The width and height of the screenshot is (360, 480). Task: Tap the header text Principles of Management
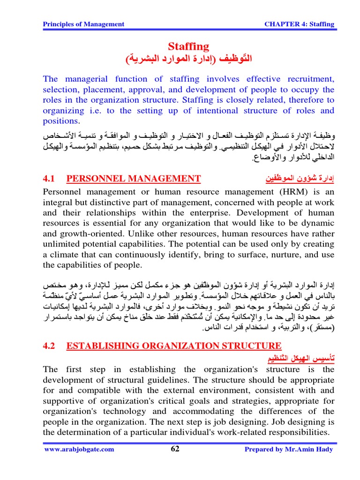tap(83, 24)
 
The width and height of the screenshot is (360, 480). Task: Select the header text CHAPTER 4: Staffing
tap(300, 24)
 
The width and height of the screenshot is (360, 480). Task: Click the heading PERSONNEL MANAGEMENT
tap(134, 178)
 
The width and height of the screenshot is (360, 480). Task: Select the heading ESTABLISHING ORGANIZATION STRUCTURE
tap(174, 346)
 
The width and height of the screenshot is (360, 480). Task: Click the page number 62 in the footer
tap(175, 449)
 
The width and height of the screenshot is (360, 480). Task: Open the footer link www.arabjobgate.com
tap(79, 450)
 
